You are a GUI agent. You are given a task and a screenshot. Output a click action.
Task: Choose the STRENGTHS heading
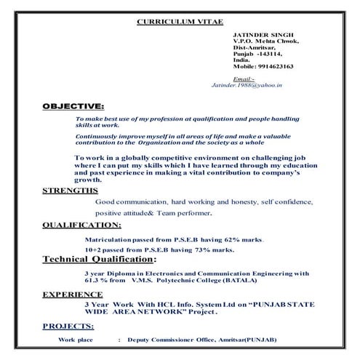pos(70,191)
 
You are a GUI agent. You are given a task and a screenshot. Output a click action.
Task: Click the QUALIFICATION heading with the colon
pos(81,225)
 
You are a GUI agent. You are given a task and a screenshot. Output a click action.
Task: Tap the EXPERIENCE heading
pos(71,295)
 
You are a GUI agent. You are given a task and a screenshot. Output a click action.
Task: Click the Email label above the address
pos(243,78)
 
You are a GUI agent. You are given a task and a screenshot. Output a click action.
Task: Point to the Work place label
pos(76,340)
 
